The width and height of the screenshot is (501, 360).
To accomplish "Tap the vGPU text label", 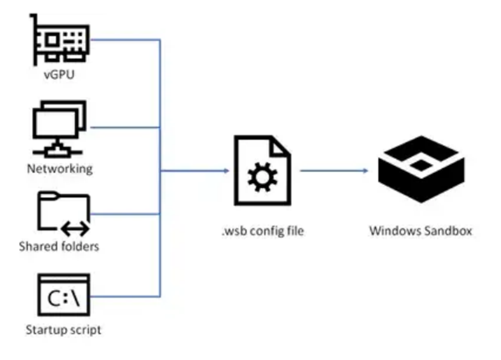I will click(59, 75).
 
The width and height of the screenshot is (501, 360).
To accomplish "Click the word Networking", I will click(60, 168).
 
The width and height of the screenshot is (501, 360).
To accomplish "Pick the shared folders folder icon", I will click(63, 211).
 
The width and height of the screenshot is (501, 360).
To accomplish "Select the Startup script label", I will click(63, 329).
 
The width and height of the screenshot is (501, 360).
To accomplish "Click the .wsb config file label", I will click(263, 231).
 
